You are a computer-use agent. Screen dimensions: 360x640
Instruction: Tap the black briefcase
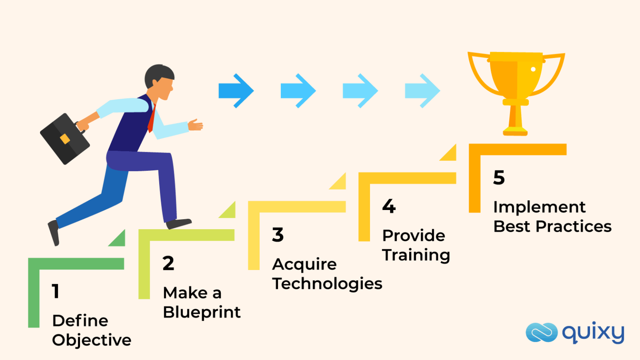65,139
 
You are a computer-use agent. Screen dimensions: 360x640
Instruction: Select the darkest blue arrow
236,91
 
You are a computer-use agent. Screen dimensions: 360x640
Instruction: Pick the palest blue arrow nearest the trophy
422,91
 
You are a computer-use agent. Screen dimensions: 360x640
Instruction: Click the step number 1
55,291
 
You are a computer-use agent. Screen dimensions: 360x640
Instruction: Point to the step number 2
168,263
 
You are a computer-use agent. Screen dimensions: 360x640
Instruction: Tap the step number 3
278,235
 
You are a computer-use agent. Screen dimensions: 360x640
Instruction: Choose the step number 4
389,206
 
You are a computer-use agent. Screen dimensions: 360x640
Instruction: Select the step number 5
499,177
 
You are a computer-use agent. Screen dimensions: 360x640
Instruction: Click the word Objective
92,340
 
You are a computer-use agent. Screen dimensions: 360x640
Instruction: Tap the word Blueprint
202,312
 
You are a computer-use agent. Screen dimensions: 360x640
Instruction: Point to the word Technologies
327,284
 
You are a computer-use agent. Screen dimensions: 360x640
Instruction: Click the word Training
416,255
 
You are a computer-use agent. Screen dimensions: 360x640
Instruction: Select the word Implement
539,207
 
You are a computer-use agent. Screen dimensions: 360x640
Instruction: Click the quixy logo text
593,333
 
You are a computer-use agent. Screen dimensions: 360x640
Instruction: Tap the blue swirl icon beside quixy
541,332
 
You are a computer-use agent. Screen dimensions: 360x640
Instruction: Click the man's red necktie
152,119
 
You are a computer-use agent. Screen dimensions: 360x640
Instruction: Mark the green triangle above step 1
118,240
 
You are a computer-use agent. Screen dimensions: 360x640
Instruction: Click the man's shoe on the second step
179,223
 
